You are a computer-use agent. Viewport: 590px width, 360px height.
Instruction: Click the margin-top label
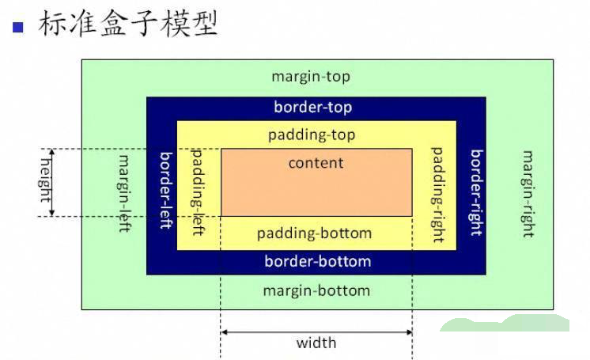[310, 77]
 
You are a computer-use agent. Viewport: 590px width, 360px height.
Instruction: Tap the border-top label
[312, 107]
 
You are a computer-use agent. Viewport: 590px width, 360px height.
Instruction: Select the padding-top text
[312, 135]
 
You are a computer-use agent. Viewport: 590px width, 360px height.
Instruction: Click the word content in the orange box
[316, 163]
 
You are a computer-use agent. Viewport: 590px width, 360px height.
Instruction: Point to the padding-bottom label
[314, 233]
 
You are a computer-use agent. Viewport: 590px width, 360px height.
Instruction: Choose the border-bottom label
[317, 261]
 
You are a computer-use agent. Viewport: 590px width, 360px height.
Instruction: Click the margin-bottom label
[316, 290]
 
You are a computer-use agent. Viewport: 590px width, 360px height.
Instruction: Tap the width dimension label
[316, 343]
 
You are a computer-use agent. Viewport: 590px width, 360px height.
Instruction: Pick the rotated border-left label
[165, 190]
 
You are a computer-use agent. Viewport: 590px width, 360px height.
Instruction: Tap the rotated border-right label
[476, 192]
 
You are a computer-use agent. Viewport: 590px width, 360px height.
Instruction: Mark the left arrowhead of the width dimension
[224, 332]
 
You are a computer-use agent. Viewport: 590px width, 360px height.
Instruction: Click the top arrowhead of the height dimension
[52, 152]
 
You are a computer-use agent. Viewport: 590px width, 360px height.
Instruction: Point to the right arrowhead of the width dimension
[409, 332]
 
